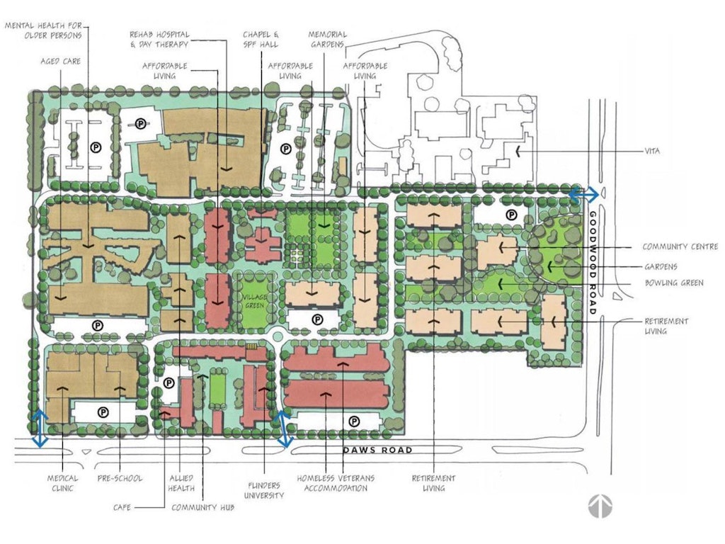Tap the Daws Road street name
tap(377, 450)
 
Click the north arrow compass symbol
tap(600, 506)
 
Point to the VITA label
tap(652, 151)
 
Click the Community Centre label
tap(680, 246)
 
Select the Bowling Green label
tap(674, 283)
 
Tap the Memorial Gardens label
tap(327, 40)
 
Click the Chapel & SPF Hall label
tap(261, 40)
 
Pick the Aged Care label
tap(60, 61)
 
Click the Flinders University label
tap(263, 490)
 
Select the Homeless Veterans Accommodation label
tap(335, 483)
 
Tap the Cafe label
tap(122, 507)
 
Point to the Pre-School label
tap(120, 478)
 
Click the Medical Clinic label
tap(62, 483)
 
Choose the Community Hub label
tap(202, 507)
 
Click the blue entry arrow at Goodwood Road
tap(583, 195)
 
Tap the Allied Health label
tap(181, 483)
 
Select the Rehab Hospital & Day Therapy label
tap(159, 40)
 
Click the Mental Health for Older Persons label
tap(44, 30)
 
